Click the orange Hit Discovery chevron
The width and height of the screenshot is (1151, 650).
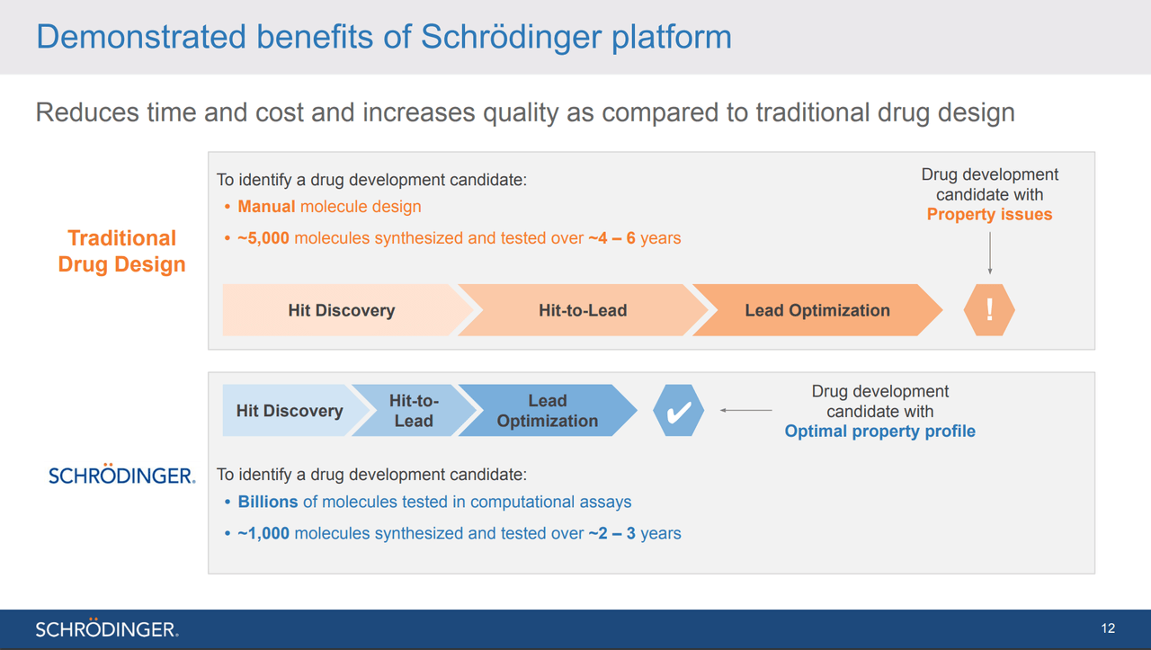tap(342, 310)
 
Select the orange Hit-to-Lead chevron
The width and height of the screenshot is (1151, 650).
tap(583, 310)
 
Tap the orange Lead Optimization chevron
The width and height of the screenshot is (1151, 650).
tap(817, 310)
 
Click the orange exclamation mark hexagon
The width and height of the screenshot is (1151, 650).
tap(989, 310)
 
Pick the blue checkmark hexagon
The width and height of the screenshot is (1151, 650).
tap(678, 411)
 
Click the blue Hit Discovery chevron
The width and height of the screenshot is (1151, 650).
tap(290, 411)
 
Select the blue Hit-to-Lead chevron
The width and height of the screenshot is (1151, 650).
tap(414, 411)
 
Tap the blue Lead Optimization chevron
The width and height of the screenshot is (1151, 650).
tap(548, 411)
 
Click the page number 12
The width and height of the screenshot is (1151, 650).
tap(1108, 628)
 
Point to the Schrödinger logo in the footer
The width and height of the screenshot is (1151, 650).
tap(107, 628)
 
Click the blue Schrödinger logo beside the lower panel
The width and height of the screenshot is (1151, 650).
tap(121, 474)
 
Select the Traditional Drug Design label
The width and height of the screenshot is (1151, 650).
tap(121, 251)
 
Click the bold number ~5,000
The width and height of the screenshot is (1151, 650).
tap(263, 238)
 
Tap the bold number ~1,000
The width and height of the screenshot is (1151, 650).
tap(263, 533)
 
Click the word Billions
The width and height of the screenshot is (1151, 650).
tap(268, 502)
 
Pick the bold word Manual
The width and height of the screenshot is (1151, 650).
tap(266, 207)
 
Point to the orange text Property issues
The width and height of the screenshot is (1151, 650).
tap(990, 214)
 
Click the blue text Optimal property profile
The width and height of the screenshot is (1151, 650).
tap(879, 432)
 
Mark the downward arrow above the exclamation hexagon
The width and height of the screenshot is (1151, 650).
tap(990, 254)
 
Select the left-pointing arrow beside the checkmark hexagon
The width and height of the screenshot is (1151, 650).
tap(746, 410)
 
